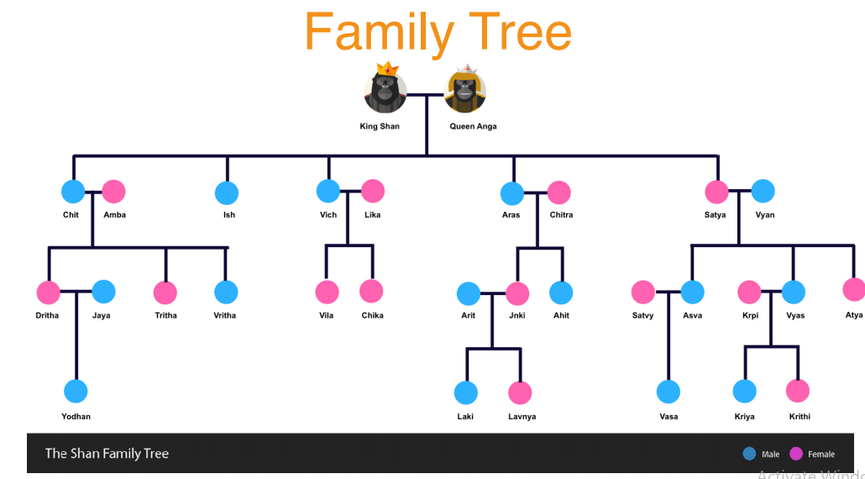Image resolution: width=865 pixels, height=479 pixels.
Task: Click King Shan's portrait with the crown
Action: (385, 91)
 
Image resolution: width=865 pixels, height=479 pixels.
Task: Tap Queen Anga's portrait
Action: (465, 91)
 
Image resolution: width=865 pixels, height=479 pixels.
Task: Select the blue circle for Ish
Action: (227, 193)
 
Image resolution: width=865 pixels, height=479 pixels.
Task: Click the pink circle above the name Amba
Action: (113, 192)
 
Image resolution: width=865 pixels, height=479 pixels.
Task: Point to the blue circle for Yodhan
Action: (76, 392)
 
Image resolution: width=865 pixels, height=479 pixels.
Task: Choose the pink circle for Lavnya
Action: (520, 392)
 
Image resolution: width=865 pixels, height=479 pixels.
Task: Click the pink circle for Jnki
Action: (517, 293)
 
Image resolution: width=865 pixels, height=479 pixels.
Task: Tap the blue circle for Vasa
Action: (668, 392)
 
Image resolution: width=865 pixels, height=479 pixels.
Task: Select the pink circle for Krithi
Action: (798, 391)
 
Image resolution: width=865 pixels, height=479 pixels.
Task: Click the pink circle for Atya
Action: (854, 290)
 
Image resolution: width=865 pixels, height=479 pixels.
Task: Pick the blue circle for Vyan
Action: (763, 192)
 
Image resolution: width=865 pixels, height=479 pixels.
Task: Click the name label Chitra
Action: (561, 215)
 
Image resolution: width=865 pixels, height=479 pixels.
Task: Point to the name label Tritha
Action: (165, 316)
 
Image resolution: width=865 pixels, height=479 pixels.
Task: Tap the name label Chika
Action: (372, 316)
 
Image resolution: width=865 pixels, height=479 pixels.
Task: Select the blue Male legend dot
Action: (749, 454)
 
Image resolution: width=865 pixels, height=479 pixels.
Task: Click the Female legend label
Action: (820, 455)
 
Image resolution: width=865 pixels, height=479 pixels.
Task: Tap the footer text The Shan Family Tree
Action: (107, 454)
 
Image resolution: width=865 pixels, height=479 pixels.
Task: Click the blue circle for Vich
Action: (328, 192)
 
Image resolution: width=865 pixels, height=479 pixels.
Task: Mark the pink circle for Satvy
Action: (643, 292)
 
